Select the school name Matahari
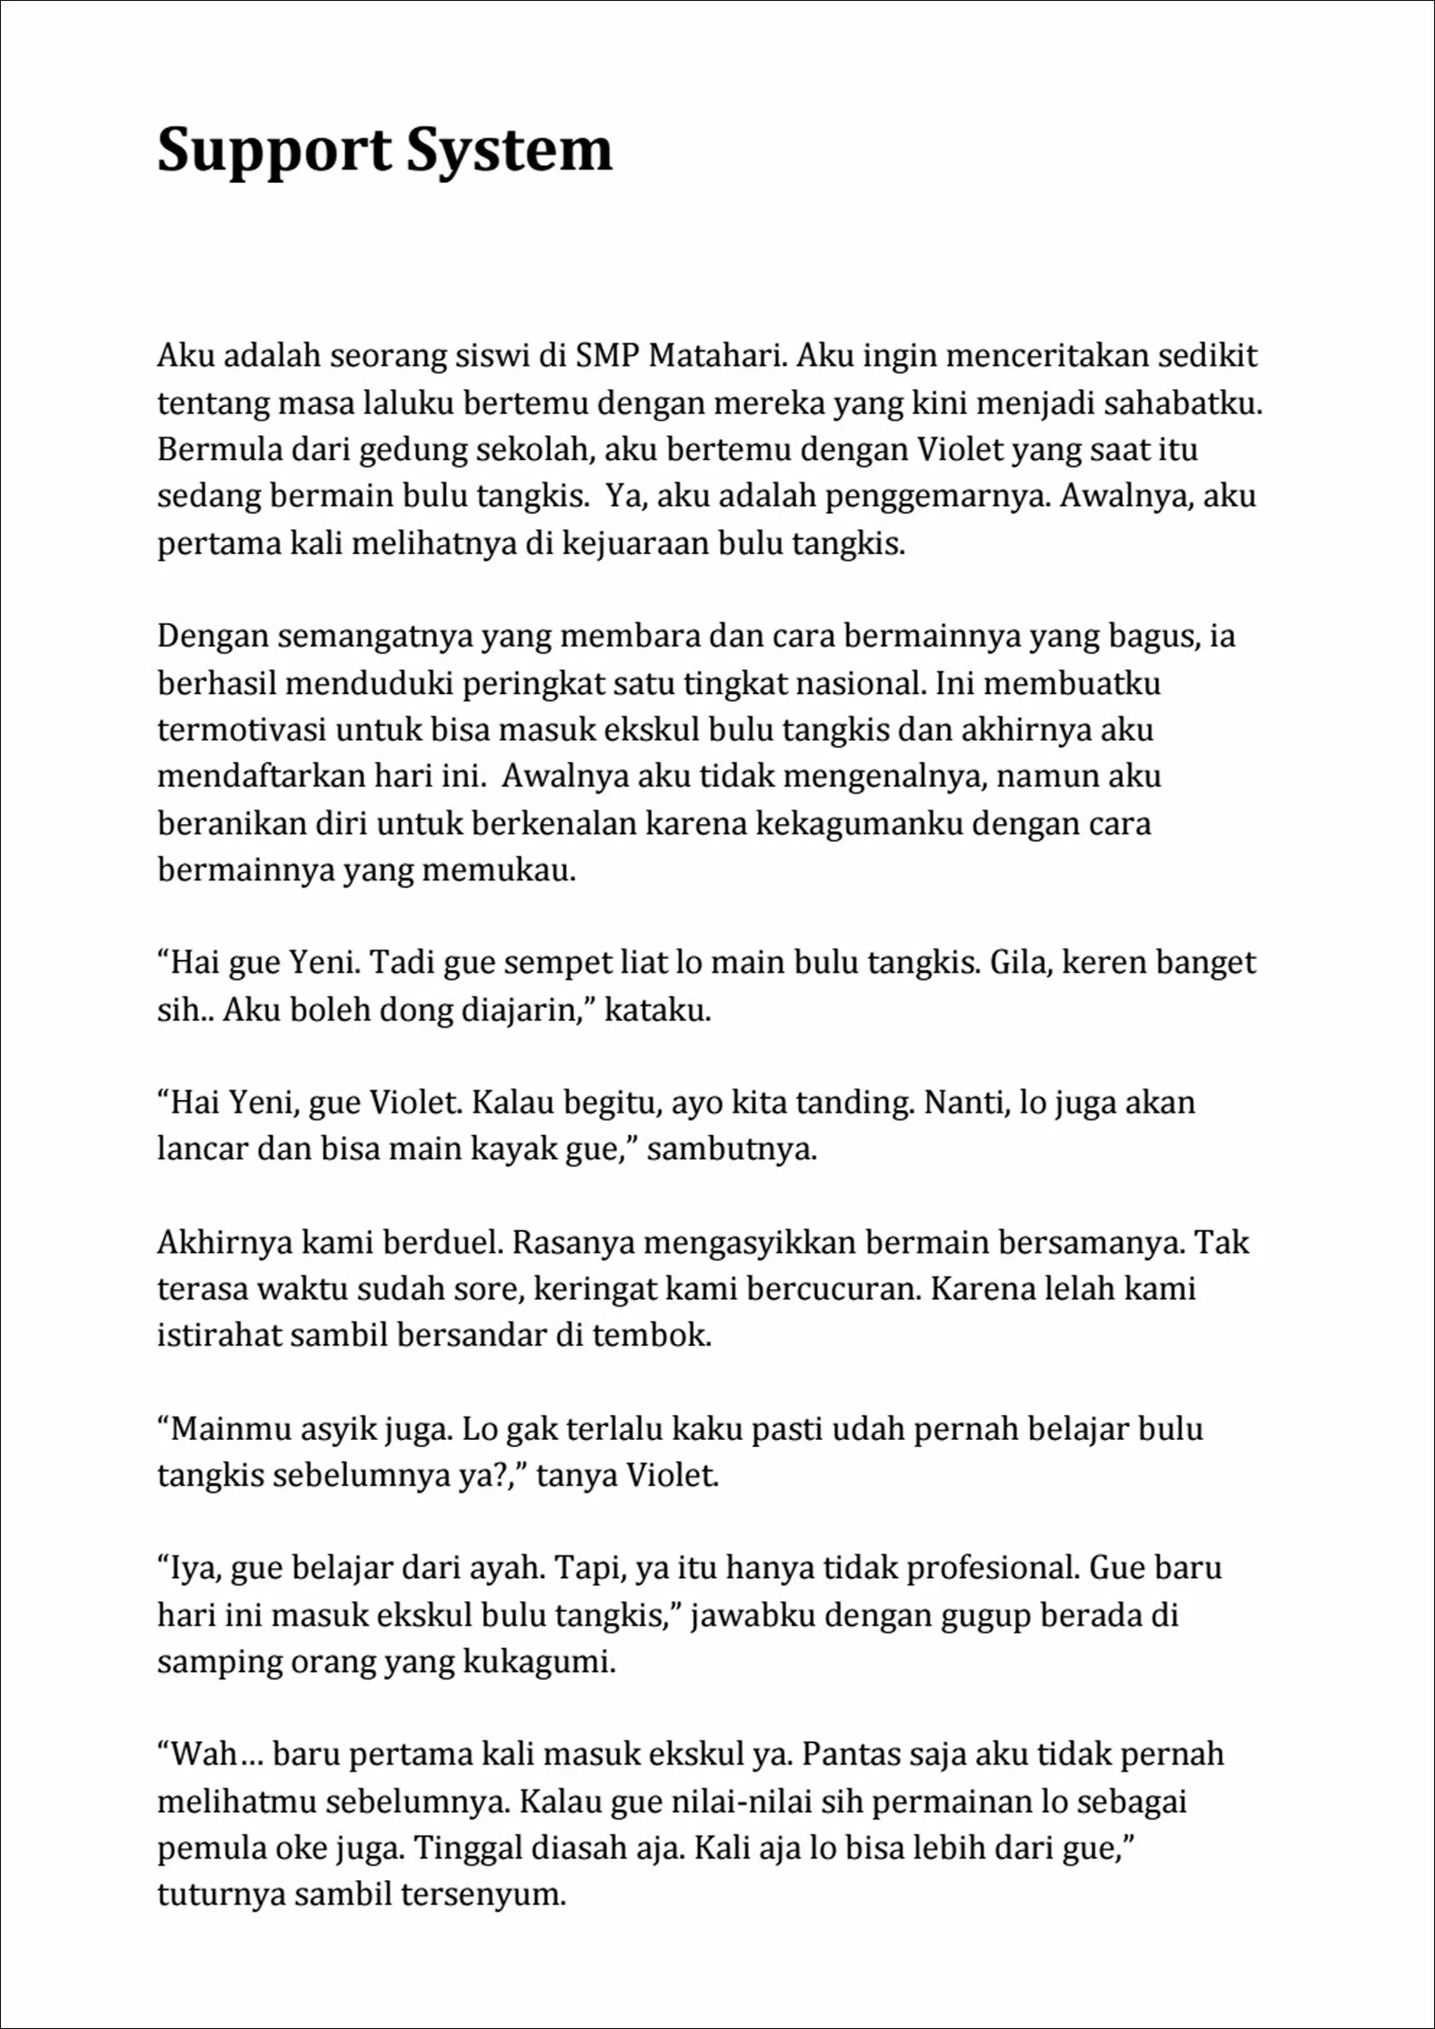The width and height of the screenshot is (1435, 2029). [717, 356]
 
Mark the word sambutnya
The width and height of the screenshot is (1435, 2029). [732, 1149]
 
